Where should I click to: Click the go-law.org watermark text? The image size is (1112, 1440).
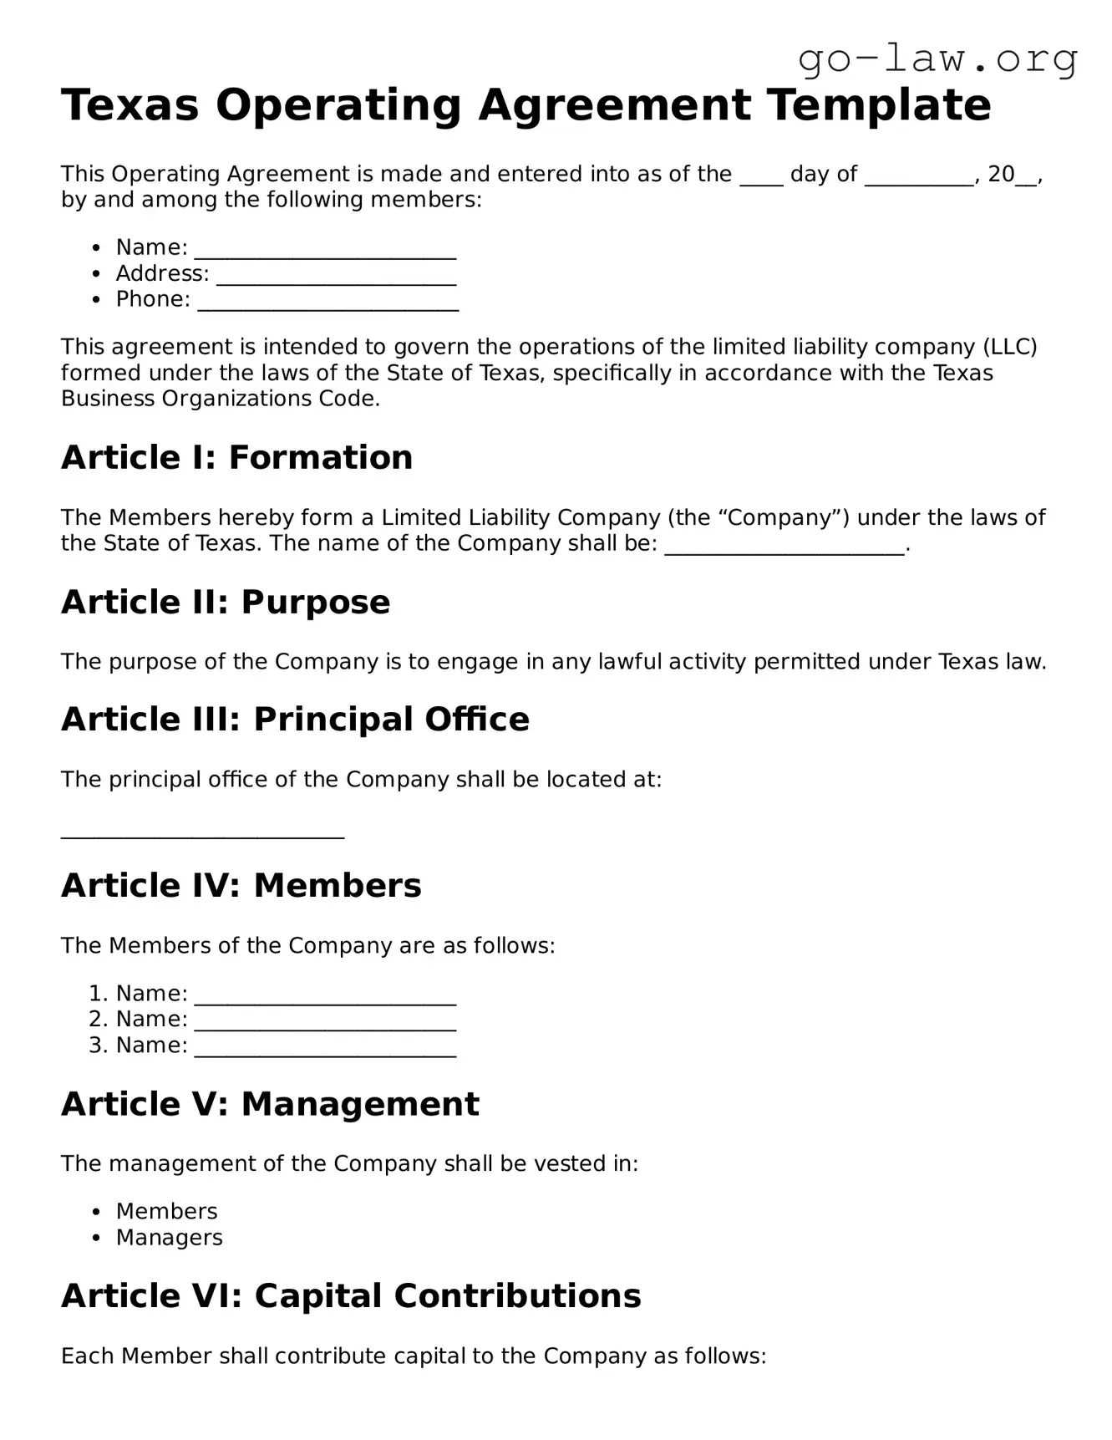[937, 59]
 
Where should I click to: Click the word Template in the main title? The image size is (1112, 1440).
[879, 105]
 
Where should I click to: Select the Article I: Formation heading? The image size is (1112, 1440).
[236, 458]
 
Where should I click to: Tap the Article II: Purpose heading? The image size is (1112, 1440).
[226, 603]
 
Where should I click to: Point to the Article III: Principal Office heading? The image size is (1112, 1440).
[295, 720]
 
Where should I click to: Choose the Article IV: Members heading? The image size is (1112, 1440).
[241, 886]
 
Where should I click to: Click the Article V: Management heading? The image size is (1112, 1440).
[270, 1104]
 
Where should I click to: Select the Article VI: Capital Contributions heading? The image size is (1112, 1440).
[351, 1296]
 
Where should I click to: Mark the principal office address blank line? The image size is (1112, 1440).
[202, 833]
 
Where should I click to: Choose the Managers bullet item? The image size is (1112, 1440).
[170, 1238]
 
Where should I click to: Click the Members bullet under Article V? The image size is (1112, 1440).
[166, 1212]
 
